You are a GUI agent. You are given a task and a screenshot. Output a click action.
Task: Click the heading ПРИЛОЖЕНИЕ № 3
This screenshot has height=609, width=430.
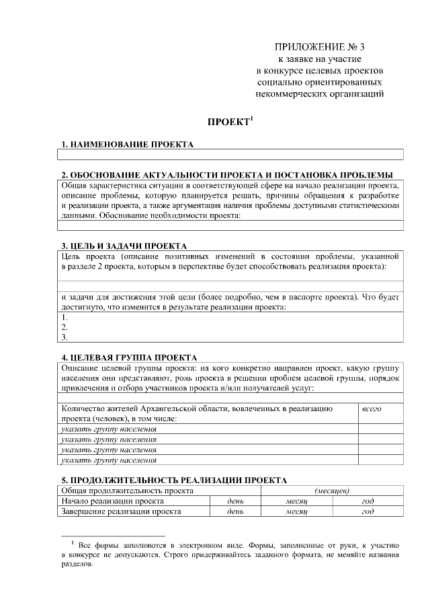click(320, 47)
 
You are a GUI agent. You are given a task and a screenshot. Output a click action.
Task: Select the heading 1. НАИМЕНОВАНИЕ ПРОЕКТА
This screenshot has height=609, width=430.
click(127, 144)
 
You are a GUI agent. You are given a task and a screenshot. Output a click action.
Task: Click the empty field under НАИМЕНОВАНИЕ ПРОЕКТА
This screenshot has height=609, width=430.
click(228, 154)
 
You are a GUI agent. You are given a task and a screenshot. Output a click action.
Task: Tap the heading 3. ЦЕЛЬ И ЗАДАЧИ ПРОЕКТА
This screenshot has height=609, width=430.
click(124, 246)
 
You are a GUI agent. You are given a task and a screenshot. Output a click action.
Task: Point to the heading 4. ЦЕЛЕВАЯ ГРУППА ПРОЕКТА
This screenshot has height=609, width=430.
click(128, 357)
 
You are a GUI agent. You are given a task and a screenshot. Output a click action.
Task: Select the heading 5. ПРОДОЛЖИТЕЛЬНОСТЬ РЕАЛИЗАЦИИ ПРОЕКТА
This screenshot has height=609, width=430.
click(173, 480)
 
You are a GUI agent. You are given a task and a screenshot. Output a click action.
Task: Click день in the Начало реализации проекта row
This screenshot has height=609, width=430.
click(235, 501)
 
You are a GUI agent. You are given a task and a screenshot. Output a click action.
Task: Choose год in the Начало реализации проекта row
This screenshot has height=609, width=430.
click(368, 501)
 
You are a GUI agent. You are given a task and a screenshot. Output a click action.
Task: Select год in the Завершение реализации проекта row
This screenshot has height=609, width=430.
click(368, 511)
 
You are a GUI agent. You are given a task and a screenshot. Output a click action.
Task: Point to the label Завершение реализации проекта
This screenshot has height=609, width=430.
click(121, 511)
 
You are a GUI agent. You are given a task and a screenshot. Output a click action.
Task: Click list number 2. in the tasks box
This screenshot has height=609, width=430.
click(64, 326)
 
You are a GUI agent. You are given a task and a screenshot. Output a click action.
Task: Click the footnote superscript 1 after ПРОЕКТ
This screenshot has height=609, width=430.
click(251, 119)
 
